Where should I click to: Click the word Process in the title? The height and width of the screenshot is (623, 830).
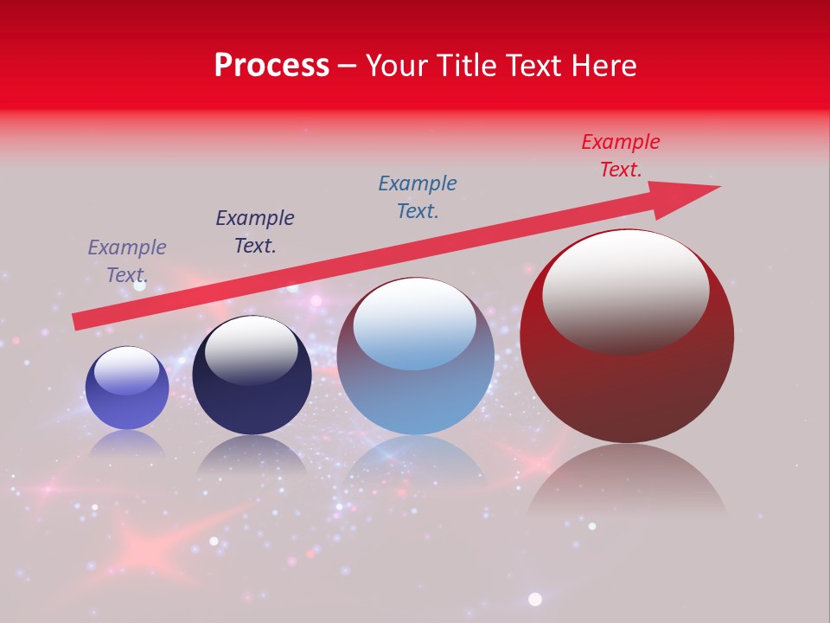pyautogui.click(x=271, y=66)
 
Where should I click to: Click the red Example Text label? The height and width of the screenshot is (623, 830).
pyautogui.click(x=620, y=156)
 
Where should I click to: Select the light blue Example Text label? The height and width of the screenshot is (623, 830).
pyautogui.click(x=417, y=196)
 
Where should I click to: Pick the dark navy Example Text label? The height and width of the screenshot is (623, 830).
pyautogui.click(x=255, y=232)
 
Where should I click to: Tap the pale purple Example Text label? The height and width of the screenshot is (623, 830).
pyautogui.click(x=127, y=261)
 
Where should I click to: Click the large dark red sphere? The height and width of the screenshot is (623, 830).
pyautogui.click(x=627, y=389)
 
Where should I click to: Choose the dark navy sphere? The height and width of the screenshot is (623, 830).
pyautogui.click(x=252, y=402)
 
